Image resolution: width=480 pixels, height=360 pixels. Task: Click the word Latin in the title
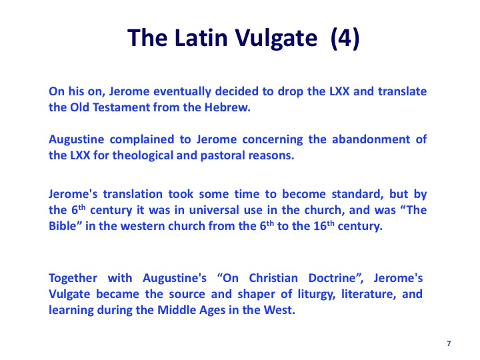click(x=201, y=37)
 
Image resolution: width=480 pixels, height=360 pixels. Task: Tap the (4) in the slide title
click(x=345, y=38)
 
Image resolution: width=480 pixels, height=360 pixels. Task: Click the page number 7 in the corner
click(x=449, y=343)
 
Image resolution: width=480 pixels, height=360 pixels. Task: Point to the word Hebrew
click(x=227, y=107)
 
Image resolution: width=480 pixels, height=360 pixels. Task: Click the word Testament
click(x=121, y=107)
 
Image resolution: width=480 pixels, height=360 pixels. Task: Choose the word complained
click(x=142, y=139)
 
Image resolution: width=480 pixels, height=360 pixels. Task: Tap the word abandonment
click(x=371, y=139)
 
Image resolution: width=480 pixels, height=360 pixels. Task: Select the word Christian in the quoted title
click(x=273, y=278)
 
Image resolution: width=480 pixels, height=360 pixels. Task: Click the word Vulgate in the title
click(x=277, y=38)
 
